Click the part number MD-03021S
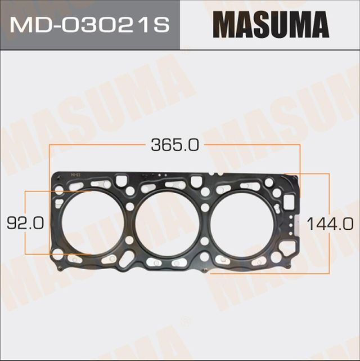tap(90, 26)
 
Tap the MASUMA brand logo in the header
tap(271, 26)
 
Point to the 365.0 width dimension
tap(174, 145)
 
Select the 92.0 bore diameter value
tap(25, 224)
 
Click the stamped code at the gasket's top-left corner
tap(72, 176)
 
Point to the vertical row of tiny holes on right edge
tap(292, 225)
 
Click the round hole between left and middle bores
tap(130, 207)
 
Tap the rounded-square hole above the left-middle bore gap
tap(120, 182)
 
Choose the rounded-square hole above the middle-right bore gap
tap(196, 181)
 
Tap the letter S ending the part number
tap(163, 26)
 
